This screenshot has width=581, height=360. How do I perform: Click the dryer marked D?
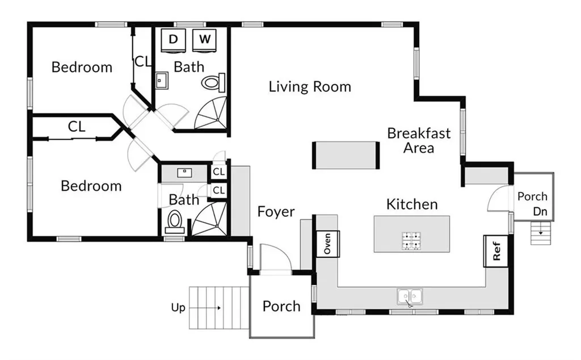(x=173, y=40)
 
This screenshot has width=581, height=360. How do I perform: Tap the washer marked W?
(x=204, y=40)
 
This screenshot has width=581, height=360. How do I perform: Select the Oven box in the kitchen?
(x=327, y=244)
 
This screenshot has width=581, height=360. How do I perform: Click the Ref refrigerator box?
(x=496, y=251)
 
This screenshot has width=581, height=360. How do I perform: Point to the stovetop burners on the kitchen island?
(x=412, y=240)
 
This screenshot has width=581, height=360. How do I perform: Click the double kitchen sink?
(x=410, y=296)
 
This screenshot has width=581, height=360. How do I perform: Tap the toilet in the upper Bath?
(x=213, y=82)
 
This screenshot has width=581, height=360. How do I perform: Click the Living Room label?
(x=310, y=87)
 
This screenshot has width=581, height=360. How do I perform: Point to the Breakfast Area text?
(x=419, y=140)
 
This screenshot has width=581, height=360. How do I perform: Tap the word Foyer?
(x=276, y=212)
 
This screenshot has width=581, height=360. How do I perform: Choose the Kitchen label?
(x=412, y=204)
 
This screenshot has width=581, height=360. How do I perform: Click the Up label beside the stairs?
(x=178, y=308)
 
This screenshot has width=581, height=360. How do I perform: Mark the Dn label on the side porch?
(x=540, y=211)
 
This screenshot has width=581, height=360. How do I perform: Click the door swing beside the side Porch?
(x=498, y=198)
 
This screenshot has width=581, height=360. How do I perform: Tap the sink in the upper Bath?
(x=162, y=81)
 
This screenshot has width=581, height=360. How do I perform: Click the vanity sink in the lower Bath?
(x=184, y=173)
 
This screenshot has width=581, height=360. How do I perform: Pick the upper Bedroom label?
(x=82, y=67)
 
